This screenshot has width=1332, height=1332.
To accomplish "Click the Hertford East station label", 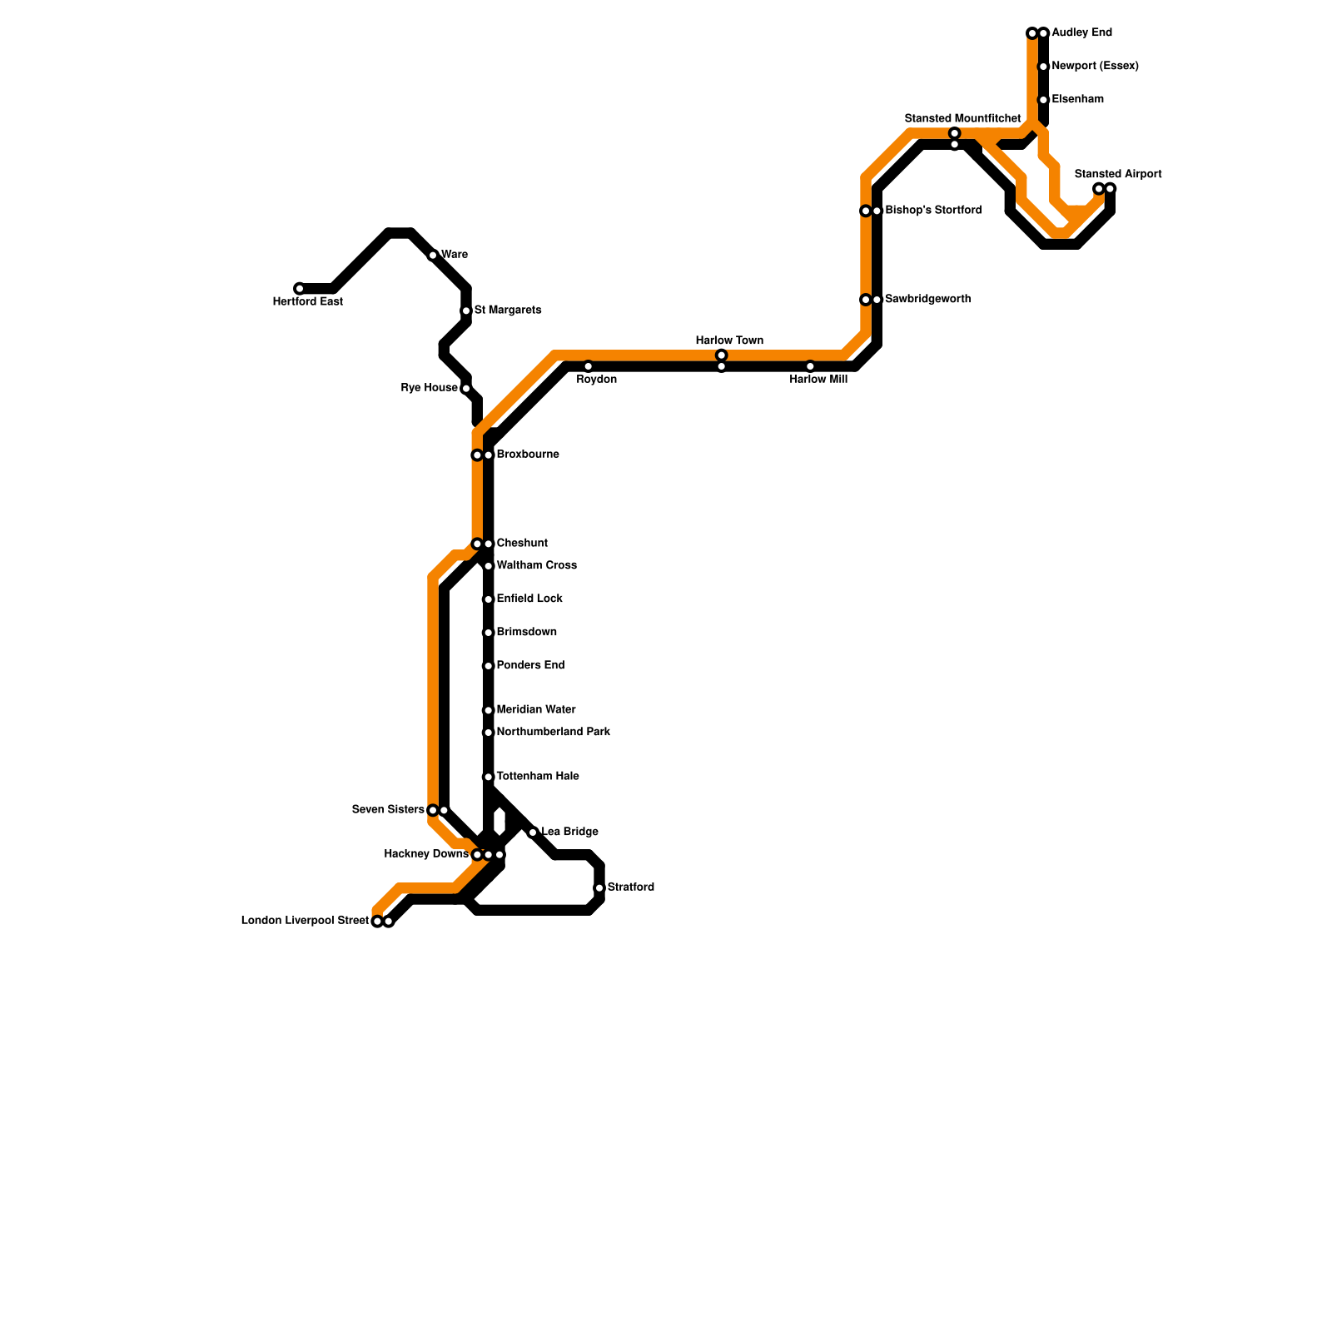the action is click(307, 302).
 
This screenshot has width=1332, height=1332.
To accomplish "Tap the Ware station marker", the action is click(433, 256).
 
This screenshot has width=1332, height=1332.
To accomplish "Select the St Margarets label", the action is click(508, 311).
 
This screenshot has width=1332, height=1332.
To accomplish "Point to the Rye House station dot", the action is click(466, 389).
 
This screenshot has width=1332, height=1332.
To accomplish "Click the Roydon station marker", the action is click(588, 366).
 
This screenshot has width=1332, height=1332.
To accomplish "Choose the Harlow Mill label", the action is click(818, 380).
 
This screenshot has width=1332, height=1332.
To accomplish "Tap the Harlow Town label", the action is click(729, 340).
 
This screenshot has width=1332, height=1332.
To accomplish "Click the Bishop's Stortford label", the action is click(933, 211).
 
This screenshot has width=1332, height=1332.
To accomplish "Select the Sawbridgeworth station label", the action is click(927, 299).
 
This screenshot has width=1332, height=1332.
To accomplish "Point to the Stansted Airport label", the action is click(1117, 174).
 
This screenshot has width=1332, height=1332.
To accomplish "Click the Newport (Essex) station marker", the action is click(1043, 67).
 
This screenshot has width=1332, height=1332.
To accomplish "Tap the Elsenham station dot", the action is click(1043, 100).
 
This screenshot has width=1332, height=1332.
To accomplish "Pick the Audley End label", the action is click(1081, 33).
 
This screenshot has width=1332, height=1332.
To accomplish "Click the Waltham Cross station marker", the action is click(489, 566).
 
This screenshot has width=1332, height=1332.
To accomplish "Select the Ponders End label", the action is click(530, 666).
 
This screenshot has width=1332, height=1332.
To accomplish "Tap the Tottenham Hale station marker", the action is click(489, 777).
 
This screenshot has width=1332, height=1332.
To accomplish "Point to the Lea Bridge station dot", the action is click(533, 832).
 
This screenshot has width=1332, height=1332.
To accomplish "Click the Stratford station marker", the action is click(599, 888).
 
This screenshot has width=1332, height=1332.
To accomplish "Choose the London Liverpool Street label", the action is click(305, 921).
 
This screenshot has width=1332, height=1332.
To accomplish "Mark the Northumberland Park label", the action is click(553, 733).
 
